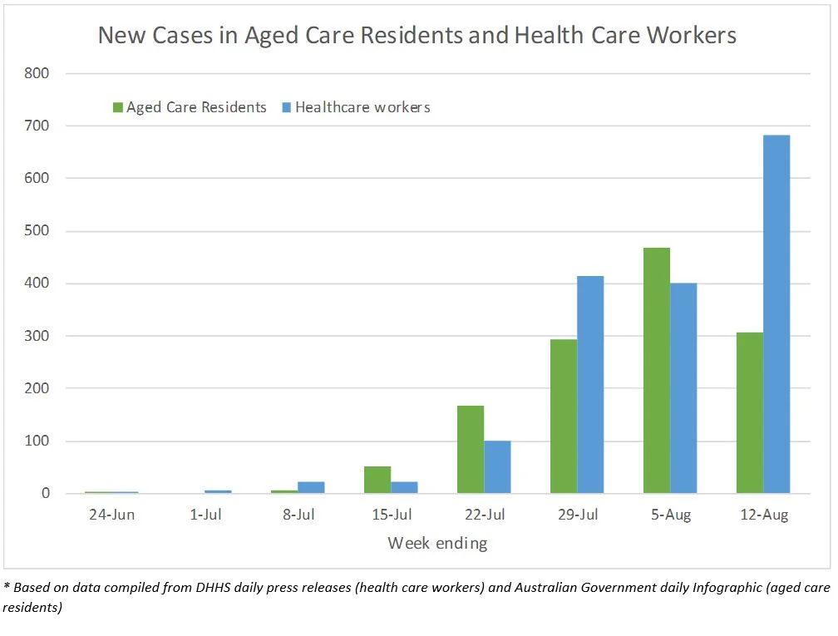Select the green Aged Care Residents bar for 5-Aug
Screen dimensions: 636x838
[x=657, y=371]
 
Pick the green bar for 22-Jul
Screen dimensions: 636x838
[x=471, y=449]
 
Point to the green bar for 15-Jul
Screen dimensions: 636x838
[x=377, y=480]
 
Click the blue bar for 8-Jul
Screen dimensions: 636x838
[x=311, y=487]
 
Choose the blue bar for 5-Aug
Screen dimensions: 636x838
[x=683, y=388]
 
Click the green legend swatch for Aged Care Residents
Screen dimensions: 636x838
[x=118, y=107]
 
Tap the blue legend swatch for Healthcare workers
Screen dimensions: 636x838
[x=287, y=107]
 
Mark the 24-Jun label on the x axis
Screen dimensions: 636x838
[x=112, y=515]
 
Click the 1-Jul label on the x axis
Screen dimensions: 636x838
[x=205, y=515]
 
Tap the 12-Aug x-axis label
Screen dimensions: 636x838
[x=763, y=515]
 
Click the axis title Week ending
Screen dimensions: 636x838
[x=437, y=544]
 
